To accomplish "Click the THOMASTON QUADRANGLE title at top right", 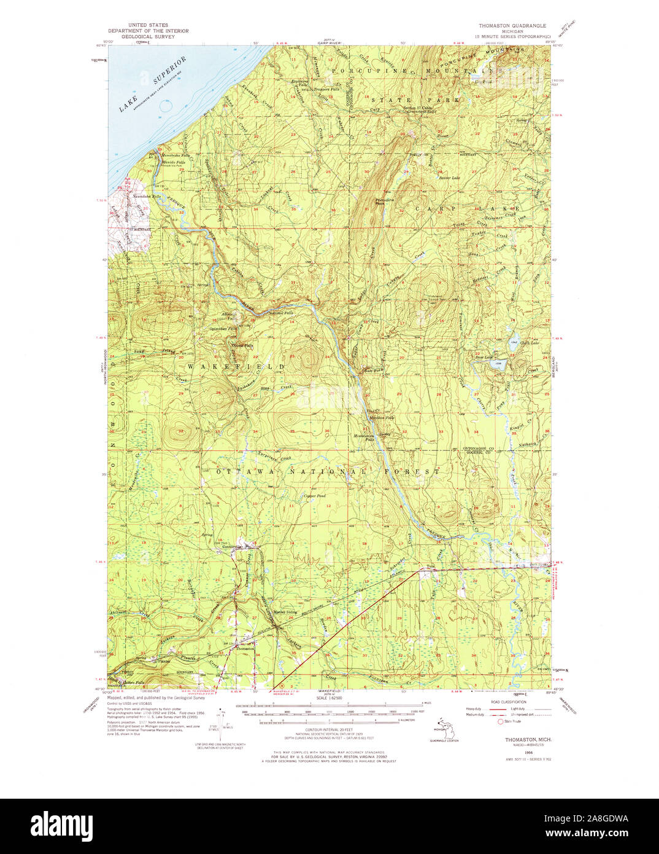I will coord(512,26).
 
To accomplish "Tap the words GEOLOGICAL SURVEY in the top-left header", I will coord(148,36).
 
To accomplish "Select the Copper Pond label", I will coord(314,496).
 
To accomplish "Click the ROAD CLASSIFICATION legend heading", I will coord(509,702).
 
